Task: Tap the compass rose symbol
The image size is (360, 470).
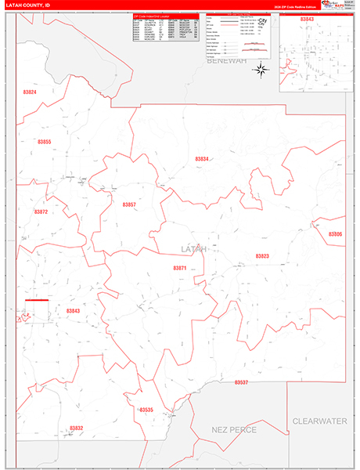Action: click(261, 69)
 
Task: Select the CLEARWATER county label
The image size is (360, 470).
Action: click(319, 421)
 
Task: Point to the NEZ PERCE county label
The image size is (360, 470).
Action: click(234, 430)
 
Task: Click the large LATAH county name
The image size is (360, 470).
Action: click(194, 249)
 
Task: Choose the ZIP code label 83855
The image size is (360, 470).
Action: click(44, 142)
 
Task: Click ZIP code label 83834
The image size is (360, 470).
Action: click(202, 159)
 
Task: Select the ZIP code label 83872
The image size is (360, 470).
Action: click(41, 211)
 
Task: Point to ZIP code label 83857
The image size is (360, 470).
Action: click(129, 204)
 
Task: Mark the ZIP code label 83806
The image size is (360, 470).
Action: click(335, 234)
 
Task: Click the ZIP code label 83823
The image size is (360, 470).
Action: click(261, 256)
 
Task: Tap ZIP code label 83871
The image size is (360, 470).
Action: click(180, 268)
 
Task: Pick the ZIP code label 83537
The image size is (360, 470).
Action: click(241, 382)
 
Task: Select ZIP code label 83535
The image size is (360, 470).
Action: click(146, 410)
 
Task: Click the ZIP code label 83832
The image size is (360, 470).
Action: click(76, 428)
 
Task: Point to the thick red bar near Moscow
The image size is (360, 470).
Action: click(37, 300)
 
